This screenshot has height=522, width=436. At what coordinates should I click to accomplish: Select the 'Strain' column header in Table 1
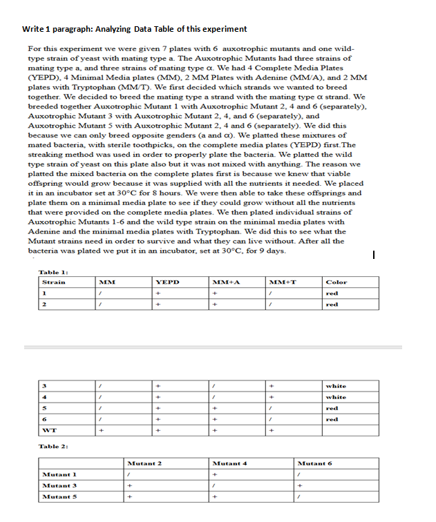pos(54,282)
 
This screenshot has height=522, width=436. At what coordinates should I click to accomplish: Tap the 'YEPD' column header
pos(167,282)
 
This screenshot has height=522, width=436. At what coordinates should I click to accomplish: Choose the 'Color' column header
pos(337,282)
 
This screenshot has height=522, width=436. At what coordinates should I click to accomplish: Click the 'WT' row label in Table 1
pos(50,431)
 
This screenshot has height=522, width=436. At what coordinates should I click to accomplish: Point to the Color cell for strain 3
pos(337,386)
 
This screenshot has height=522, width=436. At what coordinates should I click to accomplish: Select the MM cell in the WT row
pos(101,431)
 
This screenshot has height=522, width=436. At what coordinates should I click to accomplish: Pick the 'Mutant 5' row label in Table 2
pos(59,496)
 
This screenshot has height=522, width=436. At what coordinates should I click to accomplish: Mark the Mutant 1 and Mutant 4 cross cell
pos(216,474)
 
